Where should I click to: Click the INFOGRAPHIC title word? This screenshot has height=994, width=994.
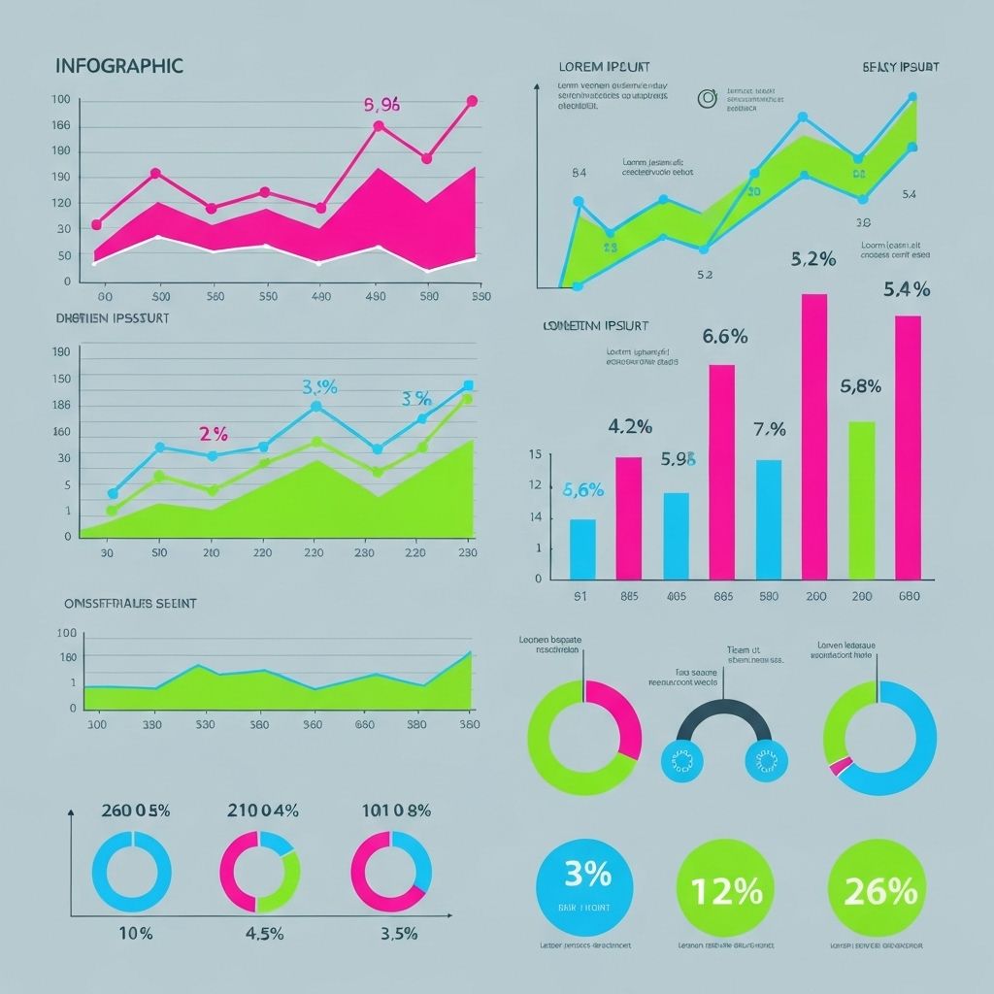point(119,66)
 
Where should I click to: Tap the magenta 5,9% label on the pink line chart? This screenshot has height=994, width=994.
point(381,106)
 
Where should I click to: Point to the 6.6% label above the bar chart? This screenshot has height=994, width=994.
point(724,337)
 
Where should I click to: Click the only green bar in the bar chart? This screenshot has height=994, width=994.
point(862,500)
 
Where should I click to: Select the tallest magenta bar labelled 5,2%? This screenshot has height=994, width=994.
point(813,437)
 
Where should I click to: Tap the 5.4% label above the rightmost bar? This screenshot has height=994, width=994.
point(907,289)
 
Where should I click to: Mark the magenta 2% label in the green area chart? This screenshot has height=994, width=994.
point(213,434)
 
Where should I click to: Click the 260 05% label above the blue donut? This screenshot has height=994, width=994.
point(135,811)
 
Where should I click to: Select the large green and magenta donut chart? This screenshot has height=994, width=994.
point(583,738)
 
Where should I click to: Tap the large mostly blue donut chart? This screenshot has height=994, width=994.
point(879,738)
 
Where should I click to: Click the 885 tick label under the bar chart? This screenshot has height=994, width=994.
point(628,596)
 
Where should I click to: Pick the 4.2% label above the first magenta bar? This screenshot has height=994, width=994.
point(629,426)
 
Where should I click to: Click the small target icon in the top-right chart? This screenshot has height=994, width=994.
point(707,96)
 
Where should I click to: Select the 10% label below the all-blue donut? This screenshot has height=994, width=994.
point(134,934)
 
